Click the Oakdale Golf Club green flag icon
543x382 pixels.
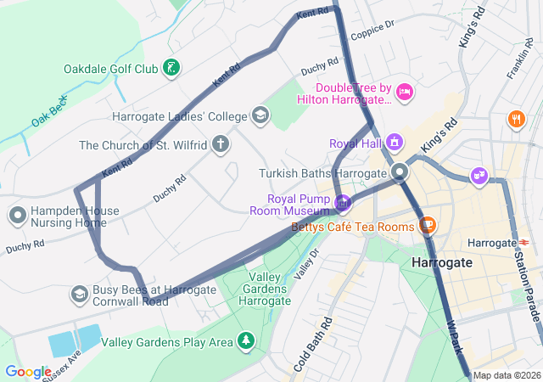(172, 68)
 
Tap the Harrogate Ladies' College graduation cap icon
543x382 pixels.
(260, 115)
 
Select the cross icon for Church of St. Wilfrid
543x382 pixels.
(221, 143)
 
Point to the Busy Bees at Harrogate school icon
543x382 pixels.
(80, 294)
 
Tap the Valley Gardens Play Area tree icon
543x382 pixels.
(246, 341)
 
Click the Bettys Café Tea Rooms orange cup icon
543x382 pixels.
(428, 226)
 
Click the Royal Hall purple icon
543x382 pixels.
(395, 142)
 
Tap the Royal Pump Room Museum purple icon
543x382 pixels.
(343, 203)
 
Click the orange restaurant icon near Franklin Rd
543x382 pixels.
(516, 119)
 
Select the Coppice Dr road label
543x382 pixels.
(372, 29)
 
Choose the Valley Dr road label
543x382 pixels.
(305, 262)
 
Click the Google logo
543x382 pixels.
(28, 371)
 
